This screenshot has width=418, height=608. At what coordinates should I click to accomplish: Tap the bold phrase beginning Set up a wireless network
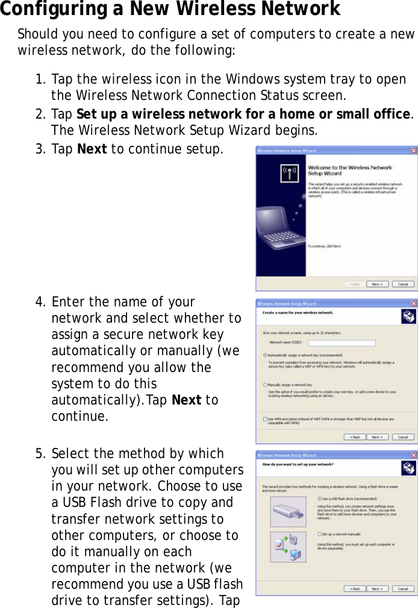click(244, 114)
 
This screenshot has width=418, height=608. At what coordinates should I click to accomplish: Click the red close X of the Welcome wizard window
click(413, 150)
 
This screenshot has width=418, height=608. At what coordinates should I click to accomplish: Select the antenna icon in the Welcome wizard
click(289, 173)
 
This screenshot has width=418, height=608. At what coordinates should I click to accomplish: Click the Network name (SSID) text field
click(342, 343)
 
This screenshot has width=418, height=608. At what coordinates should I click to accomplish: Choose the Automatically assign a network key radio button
click(265, 355)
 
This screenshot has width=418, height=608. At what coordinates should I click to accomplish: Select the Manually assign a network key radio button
click(265, 384)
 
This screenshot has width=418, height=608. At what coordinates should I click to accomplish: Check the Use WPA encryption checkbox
click(265, 418)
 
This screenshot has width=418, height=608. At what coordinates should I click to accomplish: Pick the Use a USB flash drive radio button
click(319, 498)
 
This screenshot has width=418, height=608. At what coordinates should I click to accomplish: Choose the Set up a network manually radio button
click(319, 533)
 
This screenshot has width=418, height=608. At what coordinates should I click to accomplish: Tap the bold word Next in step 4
click(186, 400)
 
